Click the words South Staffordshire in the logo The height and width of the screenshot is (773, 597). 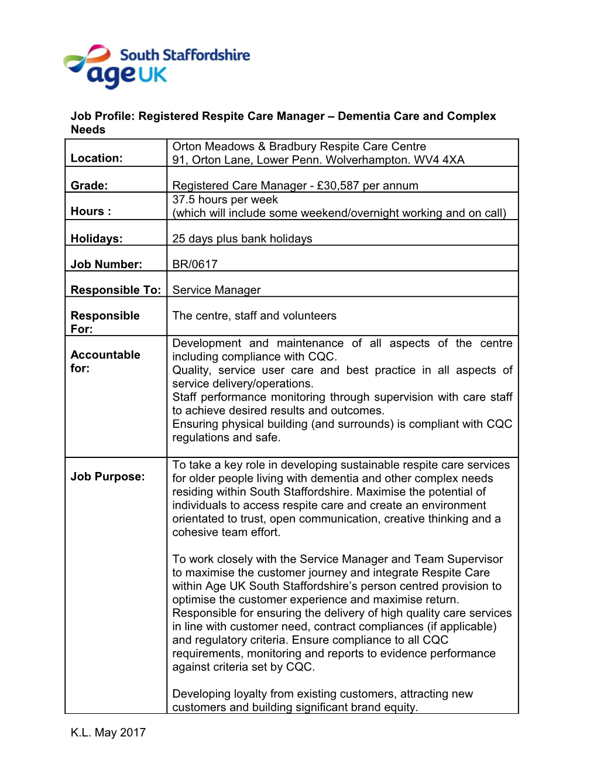coord(184,55)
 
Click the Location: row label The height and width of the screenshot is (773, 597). coord(97,158)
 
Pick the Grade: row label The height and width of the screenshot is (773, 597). coord(89,186)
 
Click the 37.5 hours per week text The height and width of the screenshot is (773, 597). coord(225,200)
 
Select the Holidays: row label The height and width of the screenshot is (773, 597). coord(97,238)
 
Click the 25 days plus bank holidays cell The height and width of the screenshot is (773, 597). coord(242,238)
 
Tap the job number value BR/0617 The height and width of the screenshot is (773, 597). coord(194,264)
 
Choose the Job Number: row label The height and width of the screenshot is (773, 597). coord(106,264)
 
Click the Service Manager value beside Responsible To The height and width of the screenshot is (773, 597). coord(216,290)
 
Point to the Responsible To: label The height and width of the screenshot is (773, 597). coord(115,290)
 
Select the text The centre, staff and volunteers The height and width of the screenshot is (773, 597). coord(254,316)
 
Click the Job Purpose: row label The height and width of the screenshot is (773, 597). coord(107,477)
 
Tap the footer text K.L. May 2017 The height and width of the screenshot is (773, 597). coord(108,733)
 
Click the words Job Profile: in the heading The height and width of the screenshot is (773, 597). coord(102,116)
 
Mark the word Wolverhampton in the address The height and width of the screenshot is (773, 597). coord(361,160)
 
